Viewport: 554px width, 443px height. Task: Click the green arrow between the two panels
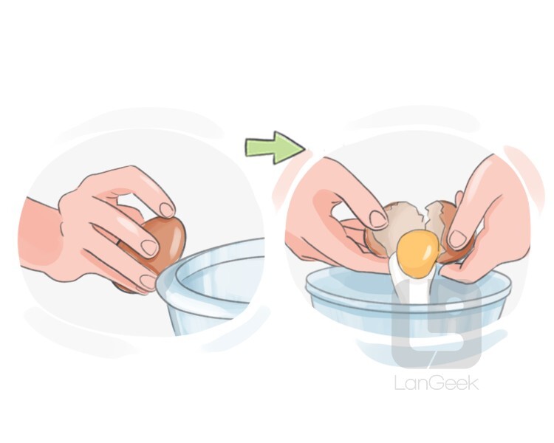point(275,148)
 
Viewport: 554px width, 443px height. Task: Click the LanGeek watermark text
point(437,383)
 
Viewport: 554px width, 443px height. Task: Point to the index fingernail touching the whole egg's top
point(167,210)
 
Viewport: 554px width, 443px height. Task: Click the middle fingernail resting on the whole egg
point(149,247)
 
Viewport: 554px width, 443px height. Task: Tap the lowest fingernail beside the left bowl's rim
point(148,282)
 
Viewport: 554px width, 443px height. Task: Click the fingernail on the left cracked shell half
point(378,219)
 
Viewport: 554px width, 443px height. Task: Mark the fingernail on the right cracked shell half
point(457,239)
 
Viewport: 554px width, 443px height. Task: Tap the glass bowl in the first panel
point(212,286)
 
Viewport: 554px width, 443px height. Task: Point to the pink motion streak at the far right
point(524,176)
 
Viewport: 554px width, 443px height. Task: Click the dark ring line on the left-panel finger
point(120,243)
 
